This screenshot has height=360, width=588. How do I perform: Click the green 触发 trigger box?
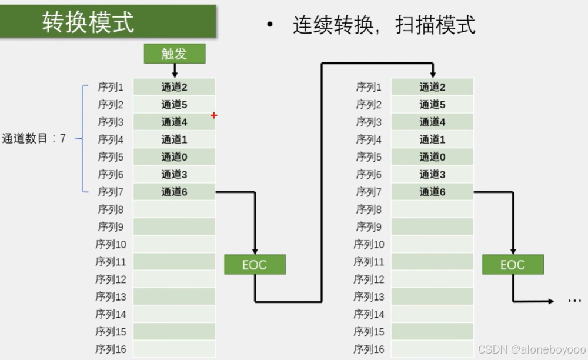(x=175, y=54)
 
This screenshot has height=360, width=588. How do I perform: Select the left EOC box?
(x=255, y=265)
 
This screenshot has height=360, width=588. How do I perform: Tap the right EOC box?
(x=512, y=265)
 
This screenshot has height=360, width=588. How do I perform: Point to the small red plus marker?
(x=214, y=116)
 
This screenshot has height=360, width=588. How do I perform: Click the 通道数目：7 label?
(x=34, y=139)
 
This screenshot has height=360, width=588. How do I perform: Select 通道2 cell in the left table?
(x=174, y=87)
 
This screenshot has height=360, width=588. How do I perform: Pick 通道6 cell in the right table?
(x=432, y=192)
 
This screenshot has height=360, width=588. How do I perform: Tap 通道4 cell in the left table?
(x=174, y=122)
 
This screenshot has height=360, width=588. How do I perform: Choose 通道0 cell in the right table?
(x=432, y=157)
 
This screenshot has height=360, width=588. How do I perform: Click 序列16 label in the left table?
(x=111, y=349)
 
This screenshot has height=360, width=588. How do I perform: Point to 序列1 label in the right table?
(x=369, y=87)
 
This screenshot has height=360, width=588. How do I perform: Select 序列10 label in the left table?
(x=111, y=244)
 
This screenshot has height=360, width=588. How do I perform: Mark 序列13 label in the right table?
(x=369, y=296)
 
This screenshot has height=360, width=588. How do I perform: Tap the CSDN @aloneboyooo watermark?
(x=532, y=349)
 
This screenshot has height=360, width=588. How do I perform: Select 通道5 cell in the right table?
(x=432, y=105)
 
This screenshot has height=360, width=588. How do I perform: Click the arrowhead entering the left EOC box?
(x=255, y=251)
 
